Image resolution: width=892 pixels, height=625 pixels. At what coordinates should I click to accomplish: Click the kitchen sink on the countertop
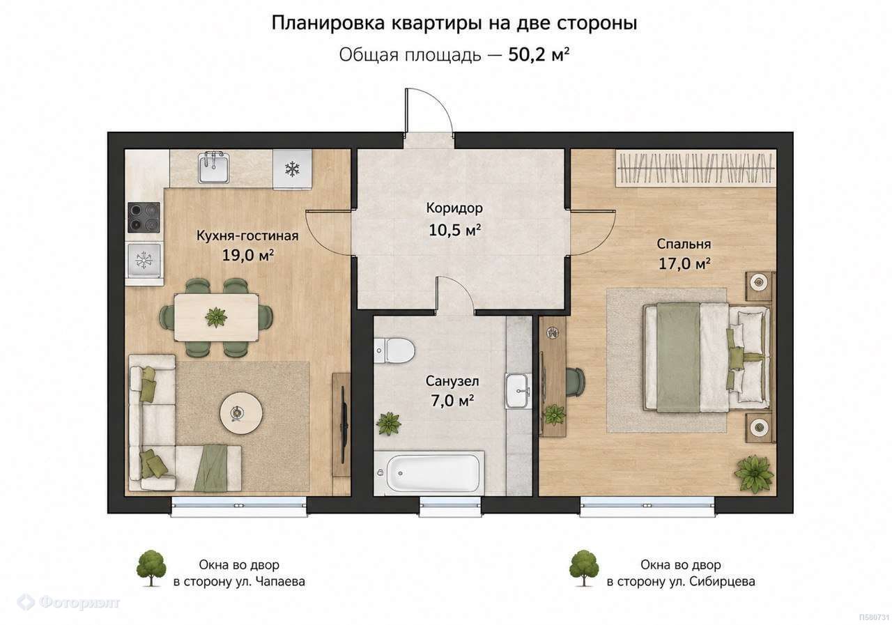coord(214,167)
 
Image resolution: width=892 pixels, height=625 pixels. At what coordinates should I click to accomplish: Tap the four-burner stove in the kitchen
coord(144,217)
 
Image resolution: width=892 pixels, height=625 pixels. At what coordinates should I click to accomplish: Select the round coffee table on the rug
coord(241,414)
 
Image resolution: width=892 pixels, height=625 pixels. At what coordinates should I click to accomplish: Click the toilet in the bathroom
coord(394,350)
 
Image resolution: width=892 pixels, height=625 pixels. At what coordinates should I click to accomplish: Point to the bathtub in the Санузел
coord(429,473)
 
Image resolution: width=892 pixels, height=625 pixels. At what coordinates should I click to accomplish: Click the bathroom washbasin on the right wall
coord(518,390)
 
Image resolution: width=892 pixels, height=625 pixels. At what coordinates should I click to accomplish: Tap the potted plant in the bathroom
coord(389,423)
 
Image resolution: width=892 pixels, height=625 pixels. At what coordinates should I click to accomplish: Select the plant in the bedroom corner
coord(754,474)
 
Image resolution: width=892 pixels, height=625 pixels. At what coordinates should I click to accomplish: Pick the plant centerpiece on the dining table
coord(216,317)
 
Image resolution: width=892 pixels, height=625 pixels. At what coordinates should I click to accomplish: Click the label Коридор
coord(454,208)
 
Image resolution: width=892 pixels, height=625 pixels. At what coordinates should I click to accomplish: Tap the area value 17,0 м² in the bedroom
coord(684,263)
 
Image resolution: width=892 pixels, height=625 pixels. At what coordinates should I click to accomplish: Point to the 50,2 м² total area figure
coord(539,55)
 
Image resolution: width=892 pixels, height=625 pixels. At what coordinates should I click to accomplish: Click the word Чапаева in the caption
coord(280,582)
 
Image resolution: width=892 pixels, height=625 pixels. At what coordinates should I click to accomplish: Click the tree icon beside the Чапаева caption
coord(151,568)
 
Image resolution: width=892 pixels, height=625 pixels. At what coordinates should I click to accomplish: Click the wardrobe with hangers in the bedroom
coord(695,168)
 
